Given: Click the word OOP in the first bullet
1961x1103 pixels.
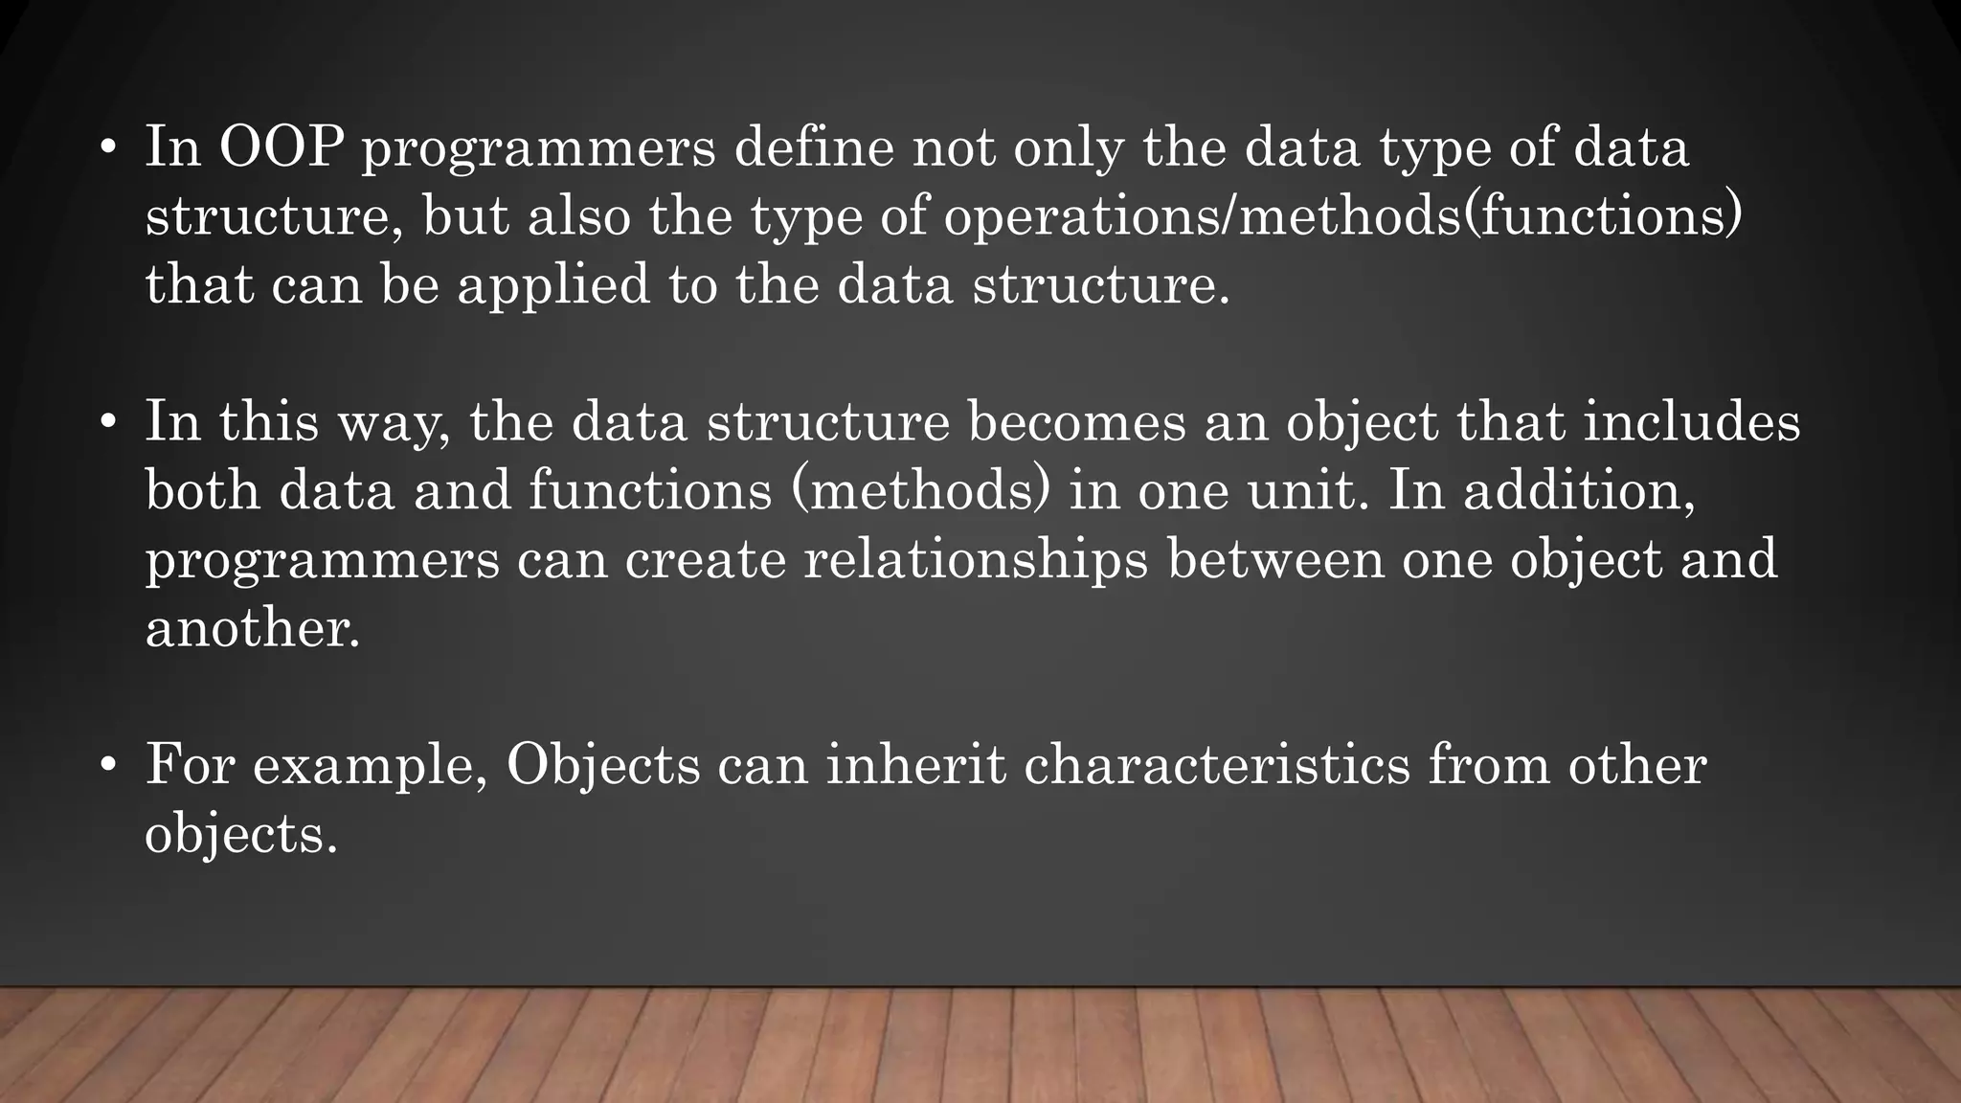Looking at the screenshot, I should click(x=282, y=148).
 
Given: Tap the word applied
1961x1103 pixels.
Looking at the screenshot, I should click(x=553, y=286).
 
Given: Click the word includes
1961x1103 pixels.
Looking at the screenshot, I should click(x=1692, y=422).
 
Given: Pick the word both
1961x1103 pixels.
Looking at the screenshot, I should click(x=203, y=491).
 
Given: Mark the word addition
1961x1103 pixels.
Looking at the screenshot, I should click(x=1579, y=491).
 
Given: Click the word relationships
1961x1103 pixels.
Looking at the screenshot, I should click(x=976, y=560).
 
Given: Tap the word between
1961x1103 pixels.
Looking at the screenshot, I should click(x=1275, y=560).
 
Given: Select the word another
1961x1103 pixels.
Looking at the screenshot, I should click(x=252, y=629).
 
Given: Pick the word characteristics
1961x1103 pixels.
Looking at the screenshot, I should click(x=1217, y=766).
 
